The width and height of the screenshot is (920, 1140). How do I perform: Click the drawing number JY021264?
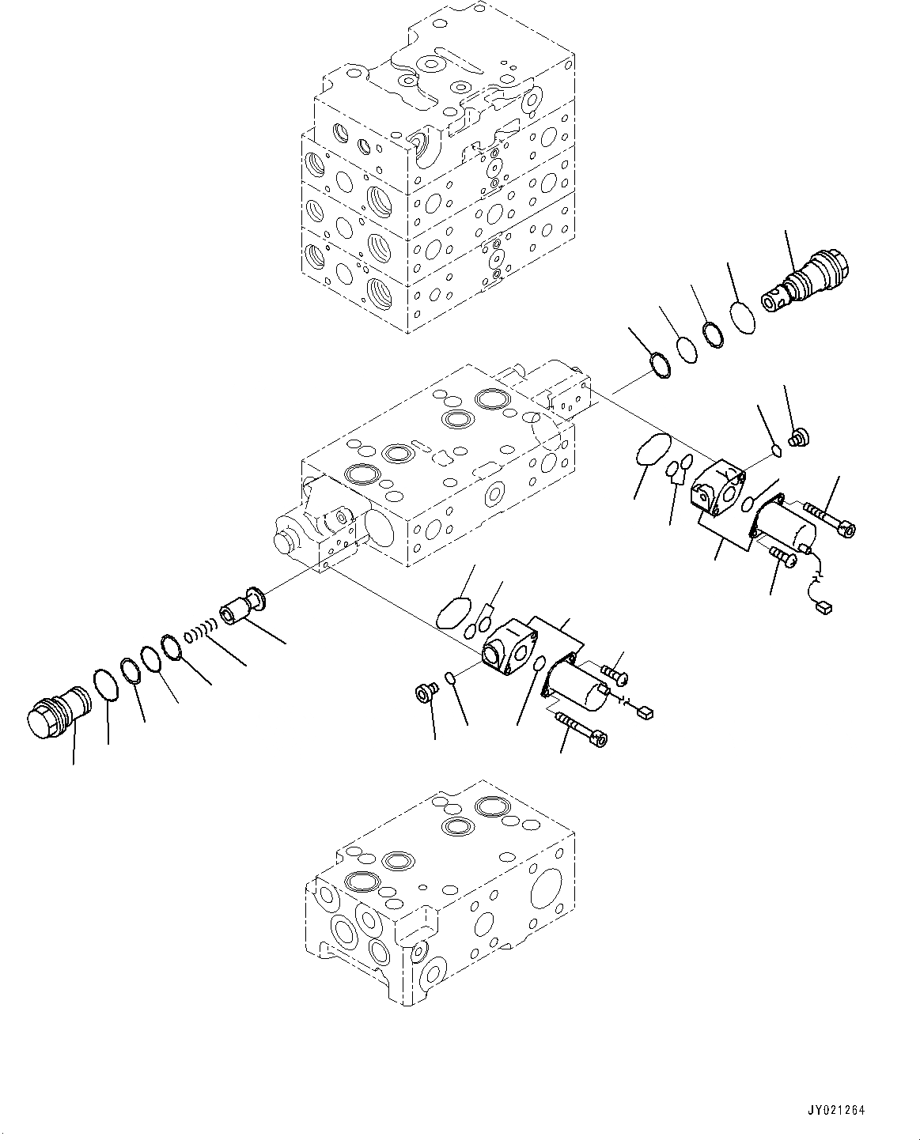click(x=835, y=1111)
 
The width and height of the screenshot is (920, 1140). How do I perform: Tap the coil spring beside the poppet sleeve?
click(x=199, y=632)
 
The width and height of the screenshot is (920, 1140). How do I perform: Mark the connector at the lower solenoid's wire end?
click(x=644, y=713)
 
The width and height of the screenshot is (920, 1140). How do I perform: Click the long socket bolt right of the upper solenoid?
click(x=830, y=523)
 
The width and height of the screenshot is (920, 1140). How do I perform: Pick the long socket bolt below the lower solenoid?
click(x=582, y=727)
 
